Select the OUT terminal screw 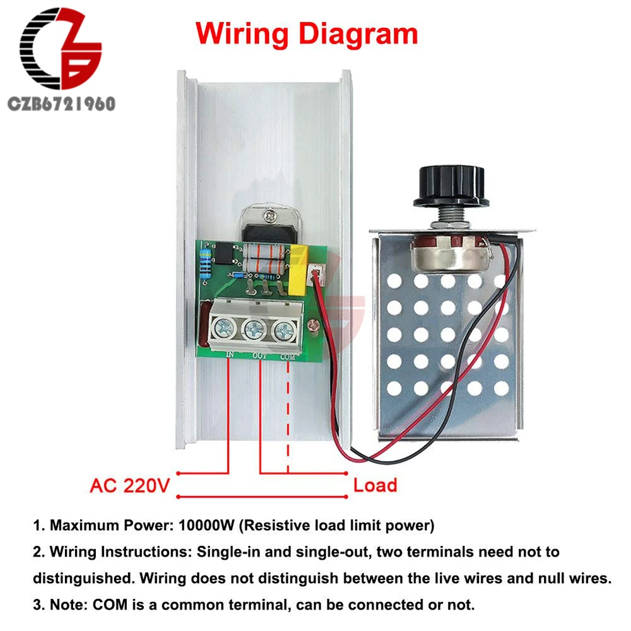coord(254,328)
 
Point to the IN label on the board coord(230,355)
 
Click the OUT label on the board coord(261,357)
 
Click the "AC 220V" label coord(130,485)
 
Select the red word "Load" coord(375,485)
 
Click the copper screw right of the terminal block coord(310,326)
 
